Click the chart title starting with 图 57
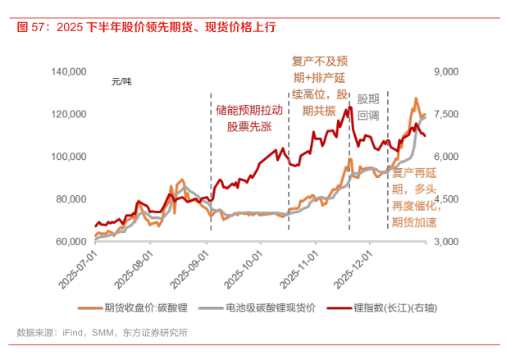[146, 26]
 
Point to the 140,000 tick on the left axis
[70, 73]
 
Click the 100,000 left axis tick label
[70, 157]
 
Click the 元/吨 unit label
[121, 82]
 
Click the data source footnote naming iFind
[103, 333]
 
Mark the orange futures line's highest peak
[416, 99]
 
